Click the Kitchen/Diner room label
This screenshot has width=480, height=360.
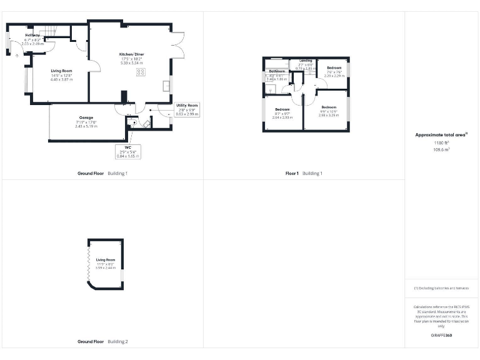point(132,58)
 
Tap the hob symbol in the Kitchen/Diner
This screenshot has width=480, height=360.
point(140,71)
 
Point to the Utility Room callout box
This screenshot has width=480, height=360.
point(187,109)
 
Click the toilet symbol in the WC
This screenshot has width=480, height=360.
point(130,122)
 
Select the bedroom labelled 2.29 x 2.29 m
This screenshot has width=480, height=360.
point(334,71)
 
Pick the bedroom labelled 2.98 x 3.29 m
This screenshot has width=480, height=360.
point(328,111)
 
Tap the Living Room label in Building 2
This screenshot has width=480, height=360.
point(106,262)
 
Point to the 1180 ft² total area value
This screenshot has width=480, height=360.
point(441,142)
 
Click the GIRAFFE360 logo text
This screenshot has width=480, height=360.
point(441,336)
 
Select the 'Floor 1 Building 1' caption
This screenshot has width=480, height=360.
point(304,173)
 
